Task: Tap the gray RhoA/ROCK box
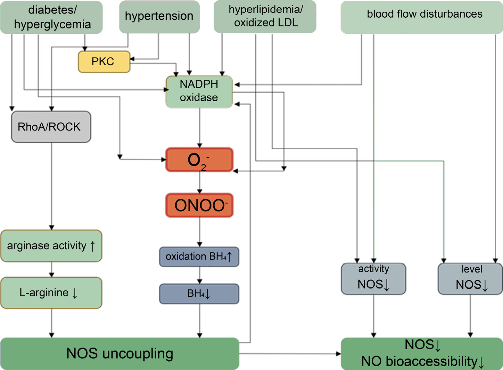point(51,127)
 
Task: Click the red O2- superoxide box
point(199,160)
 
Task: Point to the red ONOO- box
point(199,205)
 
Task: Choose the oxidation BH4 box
point(199,257)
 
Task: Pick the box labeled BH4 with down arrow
point(199,294)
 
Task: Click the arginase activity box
point(51,246)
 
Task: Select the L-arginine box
point(51,293)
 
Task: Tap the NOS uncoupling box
point(119,353)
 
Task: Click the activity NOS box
point(373,279)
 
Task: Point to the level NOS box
point(470,279)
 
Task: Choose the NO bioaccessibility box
point(422,353)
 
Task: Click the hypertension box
point(159,16)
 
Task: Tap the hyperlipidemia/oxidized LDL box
point(265,16)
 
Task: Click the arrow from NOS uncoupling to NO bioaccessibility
point(290,354)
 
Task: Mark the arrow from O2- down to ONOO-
point(199,182)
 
